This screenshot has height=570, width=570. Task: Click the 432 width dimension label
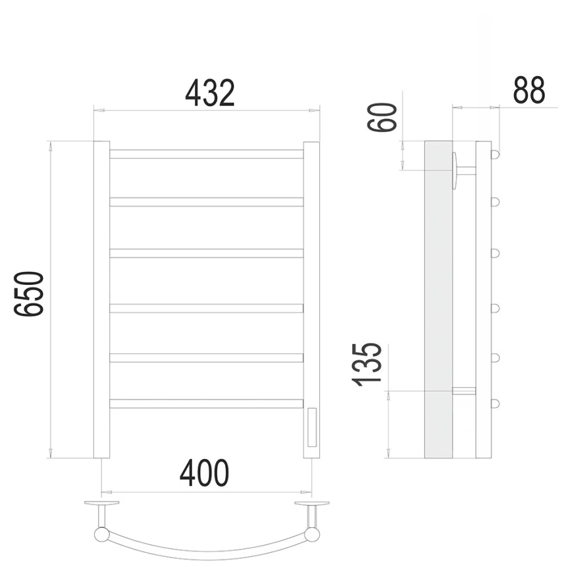click(210, 93)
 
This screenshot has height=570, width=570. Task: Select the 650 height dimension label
click(29, 294)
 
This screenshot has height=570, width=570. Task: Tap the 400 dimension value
click(204, 473)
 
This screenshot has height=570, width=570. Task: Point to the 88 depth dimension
click(529, 90)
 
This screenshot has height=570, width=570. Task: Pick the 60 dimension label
click(381, 117)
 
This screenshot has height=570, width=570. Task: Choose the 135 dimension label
click(367, 364)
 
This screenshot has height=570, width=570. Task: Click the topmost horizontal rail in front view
click(207, 154)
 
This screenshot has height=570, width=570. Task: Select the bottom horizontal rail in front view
click(207, 403)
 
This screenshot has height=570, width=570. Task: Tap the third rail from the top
click(207, 253)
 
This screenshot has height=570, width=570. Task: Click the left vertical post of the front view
click(102, 299)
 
